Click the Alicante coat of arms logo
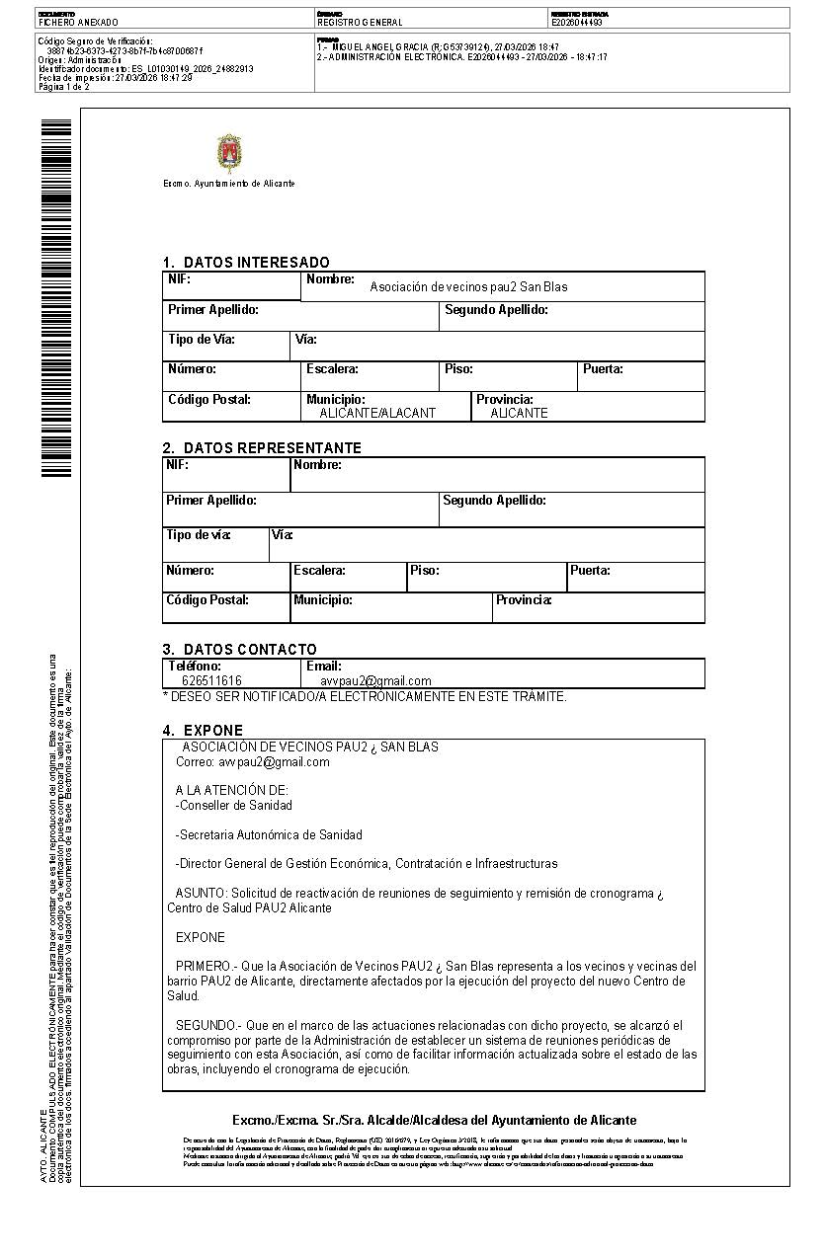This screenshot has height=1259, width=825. (x=229, y=153)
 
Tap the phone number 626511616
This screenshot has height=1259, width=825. (x=211, y=680)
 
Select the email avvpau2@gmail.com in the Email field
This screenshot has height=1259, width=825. (x=375, y=680)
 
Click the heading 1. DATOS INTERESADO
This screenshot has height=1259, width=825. (x=246, y=263)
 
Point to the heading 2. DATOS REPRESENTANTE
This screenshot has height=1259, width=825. (x=262, y=448)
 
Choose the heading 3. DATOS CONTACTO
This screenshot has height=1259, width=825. (x=240, y=650)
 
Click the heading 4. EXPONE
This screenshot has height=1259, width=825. (x=203, y=731)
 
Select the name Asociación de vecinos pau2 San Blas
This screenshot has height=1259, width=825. (x=468, y=287)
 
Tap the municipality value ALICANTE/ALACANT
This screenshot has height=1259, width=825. (x=376, y=413)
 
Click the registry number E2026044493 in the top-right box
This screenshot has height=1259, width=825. (x=577, y=22)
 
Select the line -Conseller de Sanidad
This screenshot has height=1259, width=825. (x=234, y=805)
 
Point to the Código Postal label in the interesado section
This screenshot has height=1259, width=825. (x=209, y=400)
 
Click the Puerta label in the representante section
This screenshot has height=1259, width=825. (x=590, y=571)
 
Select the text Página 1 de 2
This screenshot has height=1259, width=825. (x=63, y=87)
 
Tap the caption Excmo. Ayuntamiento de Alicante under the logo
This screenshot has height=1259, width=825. (x=228, y=184)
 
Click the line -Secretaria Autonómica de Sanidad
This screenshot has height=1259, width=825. (x=269, y=834)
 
